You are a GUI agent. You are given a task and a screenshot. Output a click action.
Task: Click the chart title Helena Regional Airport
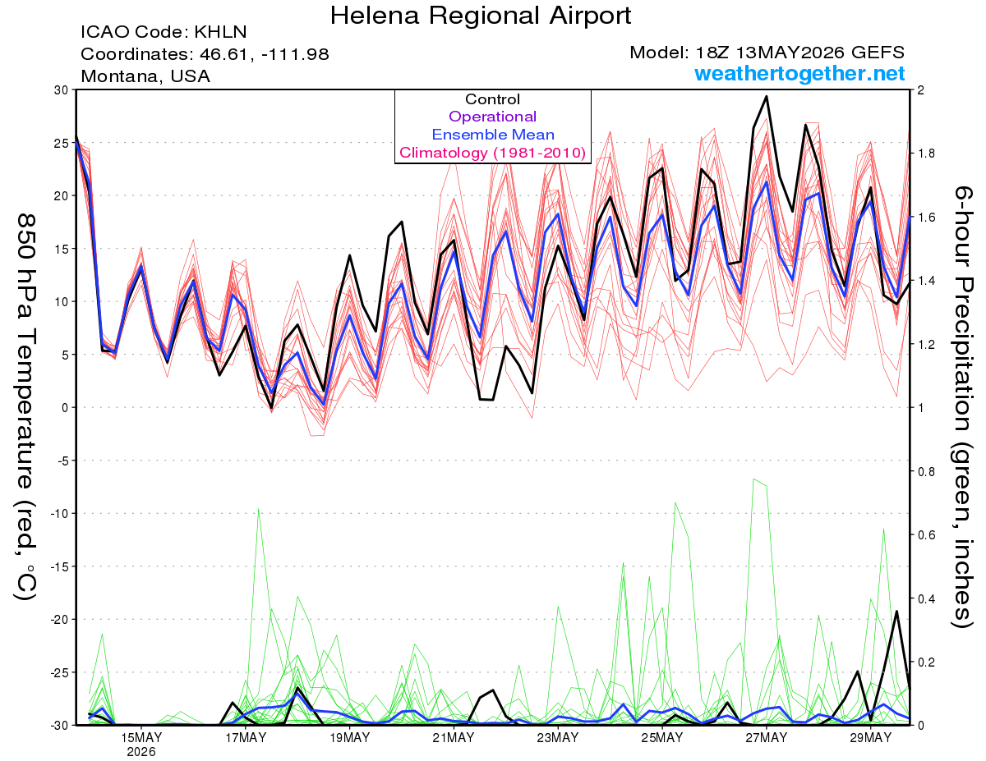pyautogui.click(x=480, y=16)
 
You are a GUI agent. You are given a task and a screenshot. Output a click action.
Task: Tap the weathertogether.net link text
pyautogui.click(x=799, y=74)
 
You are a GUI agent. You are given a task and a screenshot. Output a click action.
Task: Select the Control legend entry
pyautogui.click(x=492, y=99)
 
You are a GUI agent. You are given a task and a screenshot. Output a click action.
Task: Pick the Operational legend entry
pyautogui.click(x=492, y=117)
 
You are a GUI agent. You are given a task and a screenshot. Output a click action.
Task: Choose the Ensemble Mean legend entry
pyautogui.click(x=493, y=135)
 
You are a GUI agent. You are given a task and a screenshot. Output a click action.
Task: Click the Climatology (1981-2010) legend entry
pyautogui.click(x=492, y=153)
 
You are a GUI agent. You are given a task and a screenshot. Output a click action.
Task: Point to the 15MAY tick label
pyautogui.click(x=141, y=738)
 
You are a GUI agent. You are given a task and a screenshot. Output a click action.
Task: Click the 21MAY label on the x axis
pyautogui.click(x=454, y=738)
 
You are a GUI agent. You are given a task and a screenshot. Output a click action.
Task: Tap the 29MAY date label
pyautogui.click(x=871, y=738)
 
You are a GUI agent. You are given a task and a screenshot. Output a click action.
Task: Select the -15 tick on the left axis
pyautogui.click(x=59, y=566)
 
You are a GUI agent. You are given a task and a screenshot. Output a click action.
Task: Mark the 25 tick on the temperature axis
pyautogui.click(x=62, y=143)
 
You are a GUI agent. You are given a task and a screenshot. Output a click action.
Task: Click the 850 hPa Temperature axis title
pyautogui.click(x=25, y=407)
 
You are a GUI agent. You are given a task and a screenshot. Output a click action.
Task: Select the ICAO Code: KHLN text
pyautogui.click(x=164, y=32)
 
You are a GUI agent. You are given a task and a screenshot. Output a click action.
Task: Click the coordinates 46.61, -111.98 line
pyautogui.click(x=205, y=54)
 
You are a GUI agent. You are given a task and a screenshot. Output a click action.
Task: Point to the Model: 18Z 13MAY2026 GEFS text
pyautogui.click(x=767, y=53)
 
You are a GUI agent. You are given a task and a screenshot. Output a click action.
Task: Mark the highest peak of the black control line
pyautogui.click(x=767, y=97)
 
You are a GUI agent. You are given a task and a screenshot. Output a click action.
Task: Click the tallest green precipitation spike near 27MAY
pyautogui.click(x=754, y=479)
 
